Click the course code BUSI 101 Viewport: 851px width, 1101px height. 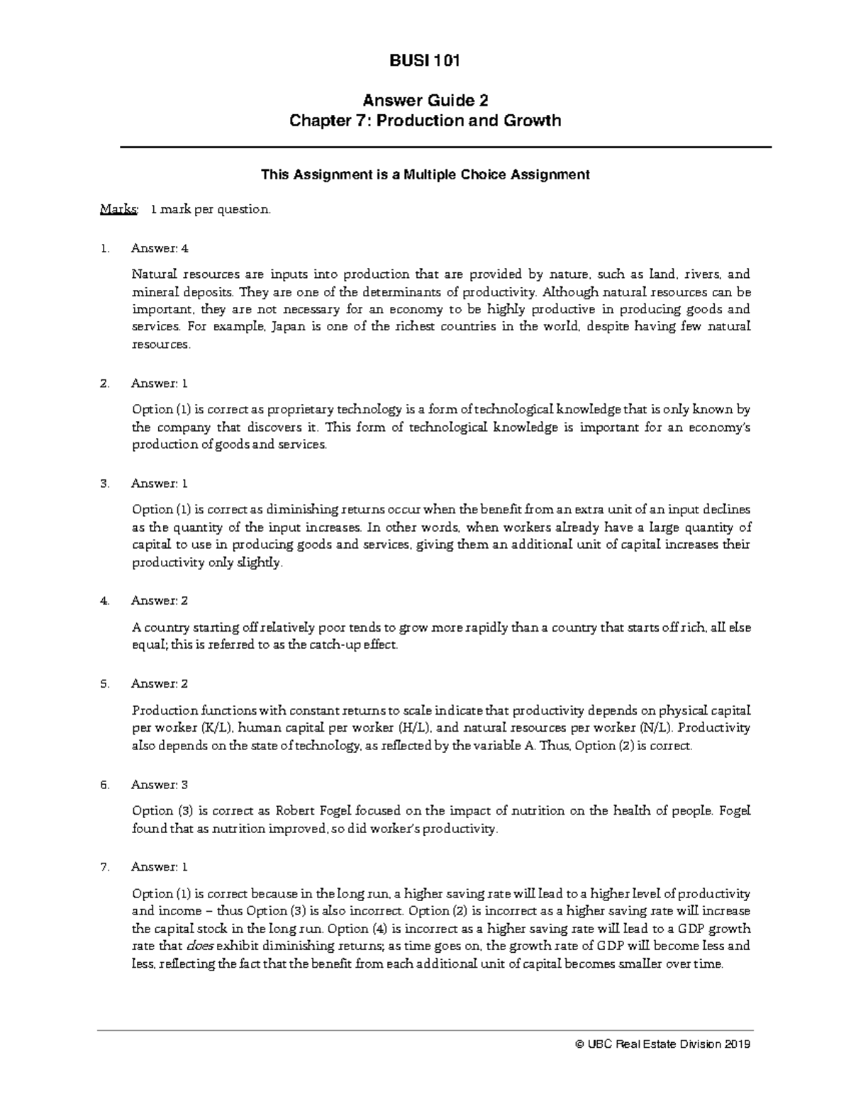point(425,61)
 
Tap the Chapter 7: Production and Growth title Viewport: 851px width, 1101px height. point(425,121)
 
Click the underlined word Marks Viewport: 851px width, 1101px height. point(118,210)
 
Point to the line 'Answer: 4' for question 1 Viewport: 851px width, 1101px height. point(160,249)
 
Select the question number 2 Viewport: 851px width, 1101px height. point(105,384)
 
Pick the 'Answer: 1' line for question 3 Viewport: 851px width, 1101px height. point(160,484)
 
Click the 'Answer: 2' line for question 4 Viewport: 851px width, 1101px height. point(160,600)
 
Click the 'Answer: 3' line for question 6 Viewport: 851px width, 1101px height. point(160,785)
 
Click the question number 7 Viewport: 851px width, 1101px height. point(105,867)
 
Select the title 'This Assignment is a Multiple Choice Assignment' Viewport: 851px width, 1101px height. point(425,174)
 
